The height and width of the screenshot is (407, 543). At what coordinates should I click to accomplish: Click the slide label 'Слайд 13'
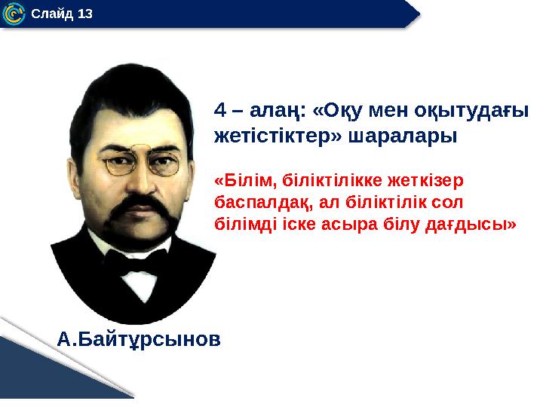[x=62, y=13]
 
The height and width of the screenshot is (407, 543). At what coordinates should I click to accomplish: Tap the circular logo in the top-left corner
[x=13, y=13]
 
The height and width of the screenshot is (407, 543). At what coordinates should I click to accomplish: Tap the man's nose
[x=140, y=181]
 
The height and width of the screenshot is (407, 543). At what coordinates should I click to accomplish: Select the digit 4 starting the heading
[x=219, y=111]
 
